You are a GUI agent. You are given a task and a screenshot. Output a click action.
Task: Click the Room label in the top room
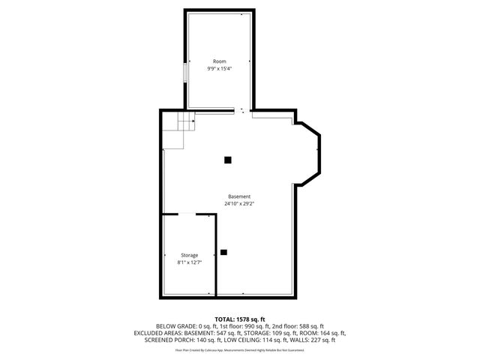[x=219, y=61]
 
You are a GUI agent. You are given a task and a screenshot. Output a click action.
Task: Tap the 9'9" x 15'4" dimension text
[x=219, y=69]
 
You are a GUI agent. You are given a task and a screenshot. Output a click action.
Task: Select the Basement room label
[x=239, y=196]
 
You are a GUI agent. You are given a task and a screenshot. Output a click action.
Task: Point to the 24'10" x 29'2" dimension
[x=239, y=204]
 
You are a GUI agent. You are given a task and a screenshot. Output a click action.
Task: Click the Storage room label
[x=189, y=256]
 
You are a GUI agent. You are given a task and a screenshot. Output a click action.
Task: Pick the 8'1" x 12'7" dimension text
[x=189, y=263]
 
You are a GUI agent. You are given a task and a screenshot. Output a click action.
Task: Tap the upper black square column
[x=227, y=159]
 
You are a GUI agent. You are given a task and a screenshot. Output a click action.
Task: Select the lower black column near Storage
[x=223, y=252]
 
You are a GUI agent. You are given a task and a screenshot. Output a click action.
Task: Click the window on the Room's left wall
[x=185, y=73]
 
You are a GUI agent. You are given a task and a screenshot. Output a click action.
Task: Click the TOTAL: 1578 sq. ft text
[x=240, y=319]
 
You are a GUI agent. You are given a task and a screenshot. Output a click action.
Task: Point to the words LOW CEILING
[x=243, y=340]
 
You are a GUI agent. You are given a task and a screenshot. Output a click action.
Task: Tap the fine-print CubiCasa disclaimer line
[x=240, y=350]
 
